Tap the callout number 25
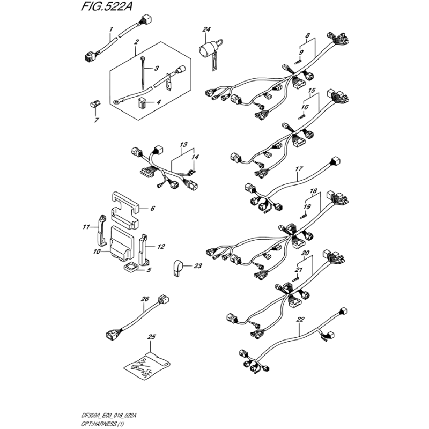(151, 337)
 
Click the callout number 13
(183, 145)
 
